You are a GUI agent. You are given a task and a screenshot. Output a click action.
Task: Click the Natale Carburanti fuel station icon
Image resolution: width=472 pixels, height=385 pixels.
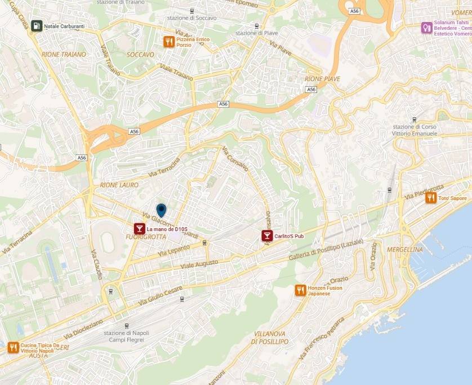(x=37, y=26)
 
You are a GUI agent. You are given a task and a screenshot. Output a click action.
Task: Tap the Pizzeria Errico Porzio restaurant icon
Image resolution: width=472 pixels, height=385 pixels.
(x=168, y=41)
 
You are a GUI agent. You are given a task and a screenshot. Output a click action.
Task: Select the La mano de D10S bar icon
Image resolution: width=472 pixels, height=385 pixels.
(x=139, y=229)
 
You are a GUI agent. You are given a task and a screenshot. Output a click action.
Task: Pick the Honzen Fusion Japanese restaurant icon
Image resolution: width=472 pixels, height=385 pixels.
(x=300, y=290)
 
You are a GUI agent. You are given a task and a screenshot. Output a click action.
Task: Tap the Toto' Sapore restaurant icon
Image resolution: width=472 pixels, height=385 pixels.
(x=431, y=197)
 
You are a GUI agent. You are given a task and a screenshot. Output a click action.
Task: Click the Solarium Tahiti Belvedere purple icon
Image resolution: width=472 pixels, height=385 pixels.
(x=427, y=27)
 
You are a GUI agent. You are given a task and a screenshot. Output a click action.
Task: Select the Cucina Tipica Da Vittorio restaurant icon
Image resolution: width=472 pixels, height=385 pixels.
(x=13, y=348)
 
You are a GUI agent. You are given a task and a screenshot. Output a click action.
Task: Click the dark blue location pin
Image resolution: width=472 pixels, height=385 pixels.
(x=161, y=210)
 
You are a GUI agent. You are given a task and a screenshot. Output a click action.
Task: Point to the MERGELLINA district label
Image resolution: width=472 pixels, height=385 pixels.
(x=405, y=249)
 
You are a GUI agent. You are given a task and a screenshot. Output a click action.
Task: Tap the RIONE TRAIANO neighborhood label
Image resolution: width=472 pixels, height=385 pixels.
(x=64, y=55)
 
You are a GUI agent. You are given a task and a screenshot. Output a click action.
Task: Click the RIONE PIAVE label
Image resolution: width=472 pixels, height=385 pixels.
(x=322, y=79)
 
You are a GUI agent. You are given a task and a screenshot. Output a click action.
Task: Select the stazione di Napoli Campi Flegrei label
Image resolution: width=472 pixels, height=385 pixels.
(x=126, y=337)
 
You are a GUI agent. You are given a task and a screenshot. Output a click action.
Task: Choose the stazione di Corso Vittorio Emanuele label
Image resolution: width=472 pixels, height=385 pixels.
(x=415, y=130)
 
